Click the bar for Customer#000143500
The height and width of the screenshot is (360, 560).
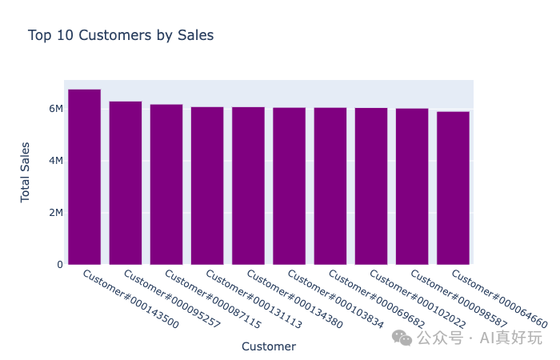pos(84,177)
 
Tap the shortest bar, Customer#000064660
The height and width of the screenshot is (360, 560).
pos(453,188)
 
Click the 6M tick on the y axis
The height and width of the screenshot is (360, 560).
pos(55,109)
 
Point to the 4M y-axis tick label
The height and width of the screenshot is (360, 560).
pos(55,161)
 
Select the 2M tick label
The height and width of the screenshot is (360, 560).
pos(55,213)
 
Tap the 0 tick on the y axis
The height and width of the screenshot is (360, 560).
pos(59,265)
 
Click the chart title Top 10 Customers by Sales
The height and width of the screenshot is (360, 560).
pos(121,35)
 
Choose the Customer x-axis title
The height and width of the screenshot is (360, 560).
pos(269,346)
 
